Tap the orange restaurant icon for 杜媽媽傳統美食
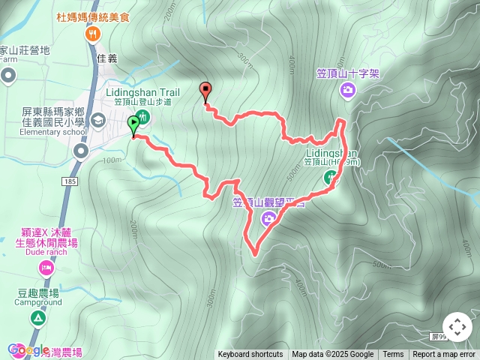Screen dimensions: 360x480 pos(93,33)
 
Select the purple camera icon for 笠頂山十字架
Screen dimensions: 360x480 pos(347,91)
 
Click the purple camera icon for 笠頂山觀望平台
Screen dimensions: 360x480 pos(268,218)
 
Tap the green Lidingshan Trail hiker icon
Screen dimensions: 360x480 pos(143,117)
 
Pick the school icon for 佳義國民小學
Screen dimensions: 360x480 pos(97,121)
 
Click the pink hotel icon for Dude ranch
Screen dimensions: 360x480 pos(47,268)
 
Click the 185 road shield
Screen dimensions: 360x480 pos(70,181)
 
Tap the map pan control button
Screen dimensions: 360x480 pos(457,327)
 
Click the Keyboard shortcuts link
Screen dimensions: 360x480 pos(250,355)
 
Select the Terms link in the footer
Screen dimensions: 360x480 pos(393,355)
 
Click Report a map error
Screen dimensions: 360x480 pos(444,355)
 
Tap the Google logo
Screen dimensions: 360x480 pos(28,349)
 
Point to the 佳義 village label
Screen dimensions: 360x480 pos(107,56)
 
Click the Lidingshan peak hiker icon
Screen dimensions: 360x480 pos(330,178)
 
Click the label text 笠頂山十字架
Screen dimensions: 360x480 pos(347,73)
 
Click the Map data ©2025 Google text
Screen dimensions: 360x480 pos(332,355)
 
